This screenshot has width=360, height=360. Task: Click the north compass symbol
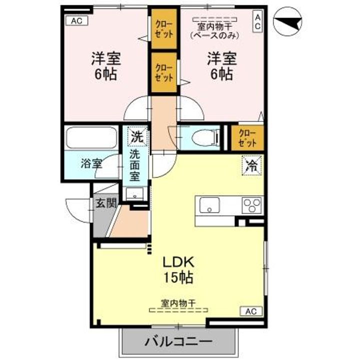click(287, 21)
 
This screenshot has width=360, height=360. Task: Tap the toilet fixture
click(206, 138)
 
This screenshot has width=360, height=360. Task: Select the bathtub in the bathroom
click(91, 137)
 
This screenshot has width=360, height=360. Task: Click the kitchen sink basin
click(209, 205)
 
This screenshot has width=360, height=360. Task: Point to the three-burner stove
click(252, 205)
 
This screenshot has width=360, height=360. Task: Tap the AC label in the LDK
click(251, 311)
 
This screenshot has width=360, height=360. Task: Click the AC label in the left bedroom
click(76, 21)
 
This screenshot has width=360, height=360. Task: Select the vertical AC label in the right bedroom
click(257, 22)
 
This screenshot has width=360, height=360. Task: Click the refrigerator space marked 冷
click(252, 165)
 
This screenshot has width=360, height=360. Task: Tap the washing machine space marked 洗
click(137, 137)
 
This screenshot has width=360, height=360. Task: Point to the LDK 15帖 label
click(178, 270)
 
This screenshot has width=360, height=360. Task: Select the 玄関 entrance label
click(106, 202)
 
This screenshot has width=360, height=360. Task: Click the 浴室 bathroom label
click(91, 164)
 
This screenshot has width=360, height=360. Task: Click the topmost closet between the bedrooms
click(164, 28)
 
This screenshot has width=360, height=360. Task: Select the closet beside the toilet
click(247, 138)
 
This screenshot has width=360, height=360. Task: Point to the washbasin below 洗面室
click(135, 194)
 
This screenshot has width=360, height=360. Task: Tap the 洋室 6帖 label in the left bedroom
click(106, 66)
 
